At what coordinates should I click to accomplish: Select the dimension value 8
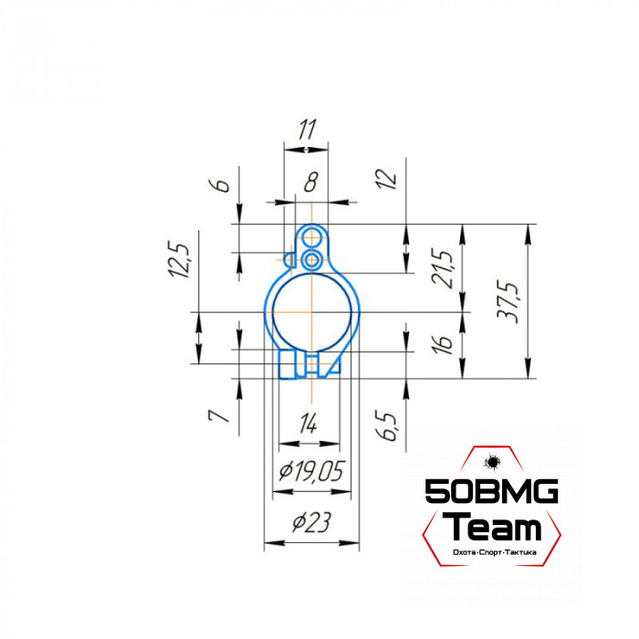(310, 183)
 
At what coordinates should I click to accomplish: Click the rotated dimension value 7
(217, 415)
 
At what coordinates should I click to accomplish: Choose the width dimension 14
(309, 424)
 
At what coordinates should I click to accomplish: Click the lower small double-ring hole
(312, 261)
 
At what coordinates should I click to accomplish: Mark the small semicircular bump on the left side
(291, 261)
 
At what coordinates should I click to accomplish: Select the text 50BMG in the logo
(492, 494)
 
